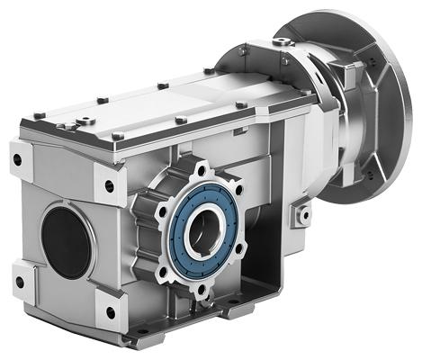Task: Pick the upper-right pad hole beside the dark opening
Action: (x=110, y=186)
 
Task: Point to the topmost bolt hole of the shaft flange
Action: (x=199, y=168)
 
